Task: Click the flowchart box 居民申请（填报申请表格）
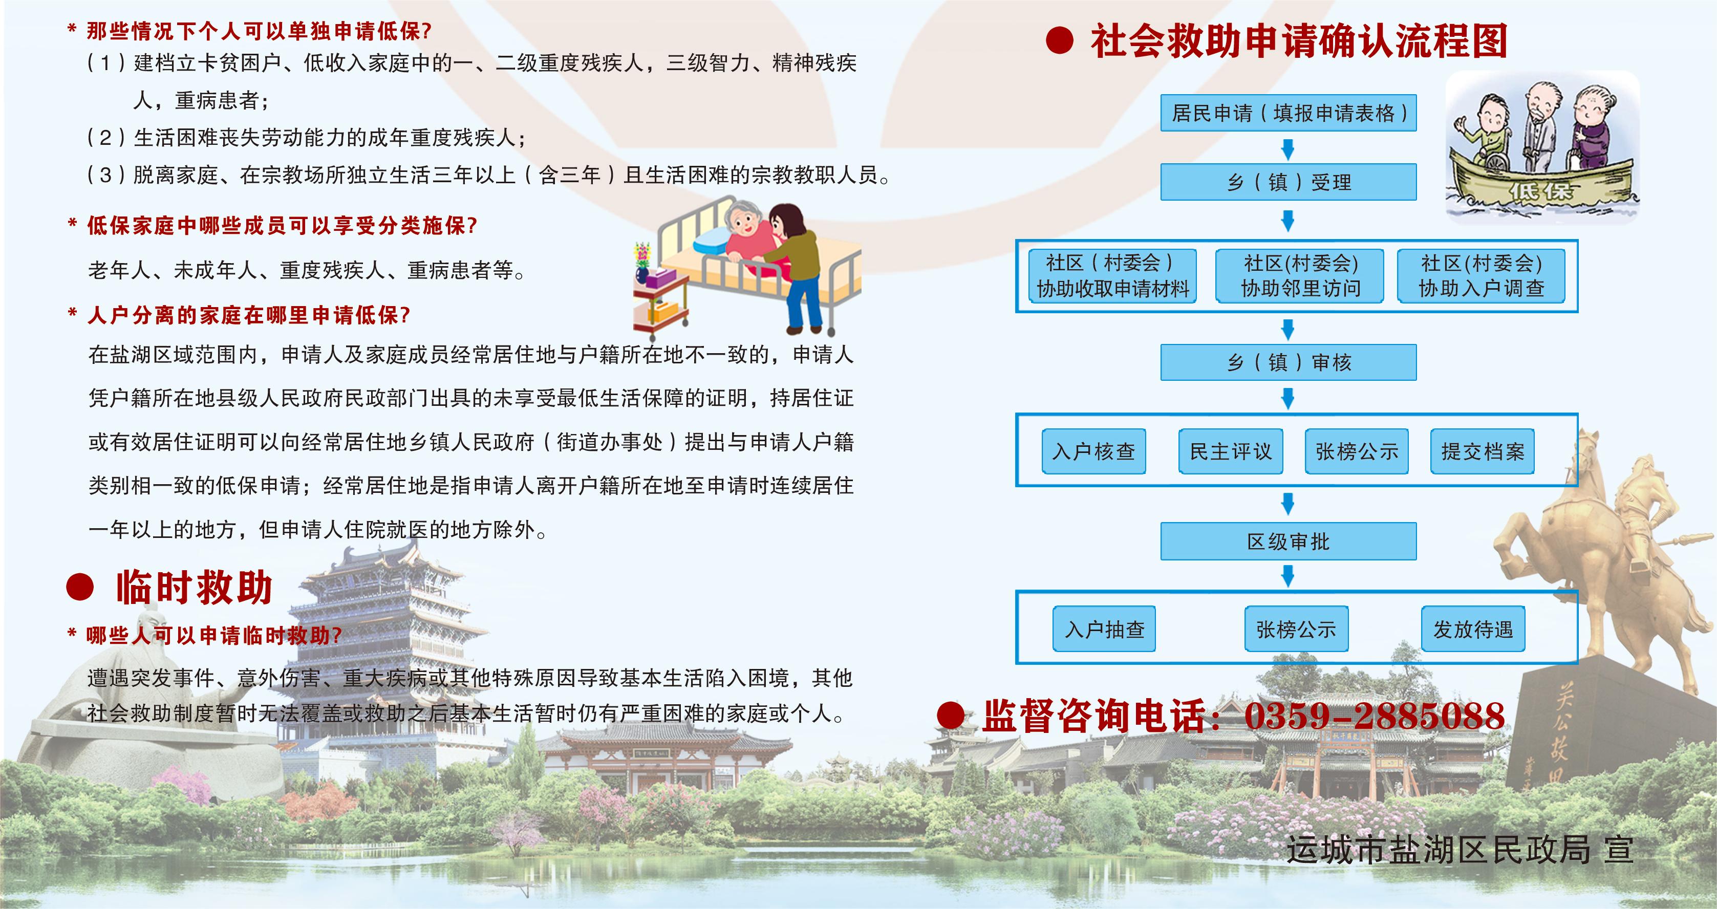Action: tap(1289, 113)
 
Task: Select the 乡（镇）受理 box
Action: tap(1289, 182)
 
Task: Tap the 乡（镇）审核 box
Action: tap(1289, 362)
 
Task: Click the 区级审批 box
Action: tap(1289, 541)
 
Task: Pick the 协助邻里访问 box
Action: tap(1300, 276)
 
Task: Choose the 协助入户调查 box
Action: tap(1481, 276)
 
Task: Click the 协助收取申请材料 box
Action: tap(1112, 276)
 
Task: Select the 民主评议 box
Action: tap(1231, 451)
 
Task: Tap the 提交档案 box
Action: tap(1483, 451)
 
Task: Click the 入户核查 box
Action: tap(1094, 451)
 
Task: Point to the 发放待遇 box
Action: tap(1473, 629)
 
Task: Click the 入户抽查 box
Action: tap(1104, 629)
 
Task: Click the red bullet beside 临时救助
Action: tap(80, 587)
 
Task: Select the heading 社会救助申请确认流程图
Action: tap(1299, 41)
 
